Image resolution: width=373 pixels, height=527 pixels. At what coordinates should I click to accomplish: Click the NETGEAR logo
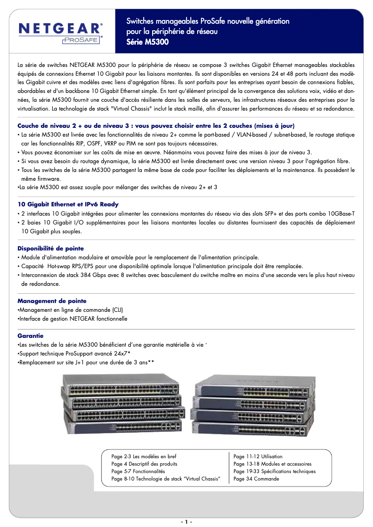coord(60,29)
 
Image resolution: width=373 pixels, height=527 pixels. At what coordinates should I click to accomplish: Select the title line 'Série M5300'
coord(147,42)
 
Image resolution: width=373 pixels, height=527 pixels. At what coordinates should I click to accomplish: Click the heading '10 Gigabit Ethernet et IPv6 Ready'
coord(68,204)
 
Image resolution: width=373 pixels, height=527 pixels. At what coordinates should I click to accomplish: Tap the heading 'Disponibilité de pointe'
coord(51,249)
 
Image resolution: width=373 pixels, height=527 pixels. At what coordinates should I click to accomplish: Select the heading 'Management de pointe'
coord(52,301)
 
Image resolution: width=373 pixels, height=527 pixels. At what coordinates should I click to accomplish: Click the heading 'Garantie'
coord(30,336)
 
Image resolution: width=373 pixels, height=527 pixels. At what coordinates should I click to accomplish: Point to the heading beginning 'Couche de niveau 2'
coord(156,126)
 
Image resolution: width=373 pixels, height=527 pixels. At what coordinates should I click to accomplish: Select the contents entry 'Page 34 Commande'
coord(256,479)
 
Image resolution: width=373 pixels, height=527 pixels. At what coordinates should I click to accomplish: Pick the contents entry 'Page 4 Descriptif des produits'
coord(144,464)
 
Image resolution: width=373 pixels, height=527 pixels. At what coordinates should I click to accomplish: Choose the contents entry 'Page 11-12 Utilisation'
coord(258,456)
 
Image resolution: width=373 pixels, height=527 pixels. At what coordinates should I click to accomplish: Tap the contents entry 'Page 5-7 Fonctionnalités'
coord(138,471)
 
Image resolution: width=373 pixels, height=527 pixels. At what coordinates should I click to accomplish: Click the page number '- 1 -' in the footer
coord(186,521)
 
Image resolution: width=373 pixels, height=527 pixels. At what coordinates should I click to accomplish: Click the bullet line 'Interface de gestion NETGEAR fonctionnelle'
coord(73,319)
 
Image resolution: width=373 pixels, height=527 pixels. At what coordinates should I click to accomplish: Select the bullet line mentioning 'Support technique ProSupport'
coord(74,354)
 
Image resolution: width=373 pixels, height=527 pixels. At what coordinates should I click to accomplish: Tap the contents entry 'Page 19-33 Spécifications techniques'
coord(274,471)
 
